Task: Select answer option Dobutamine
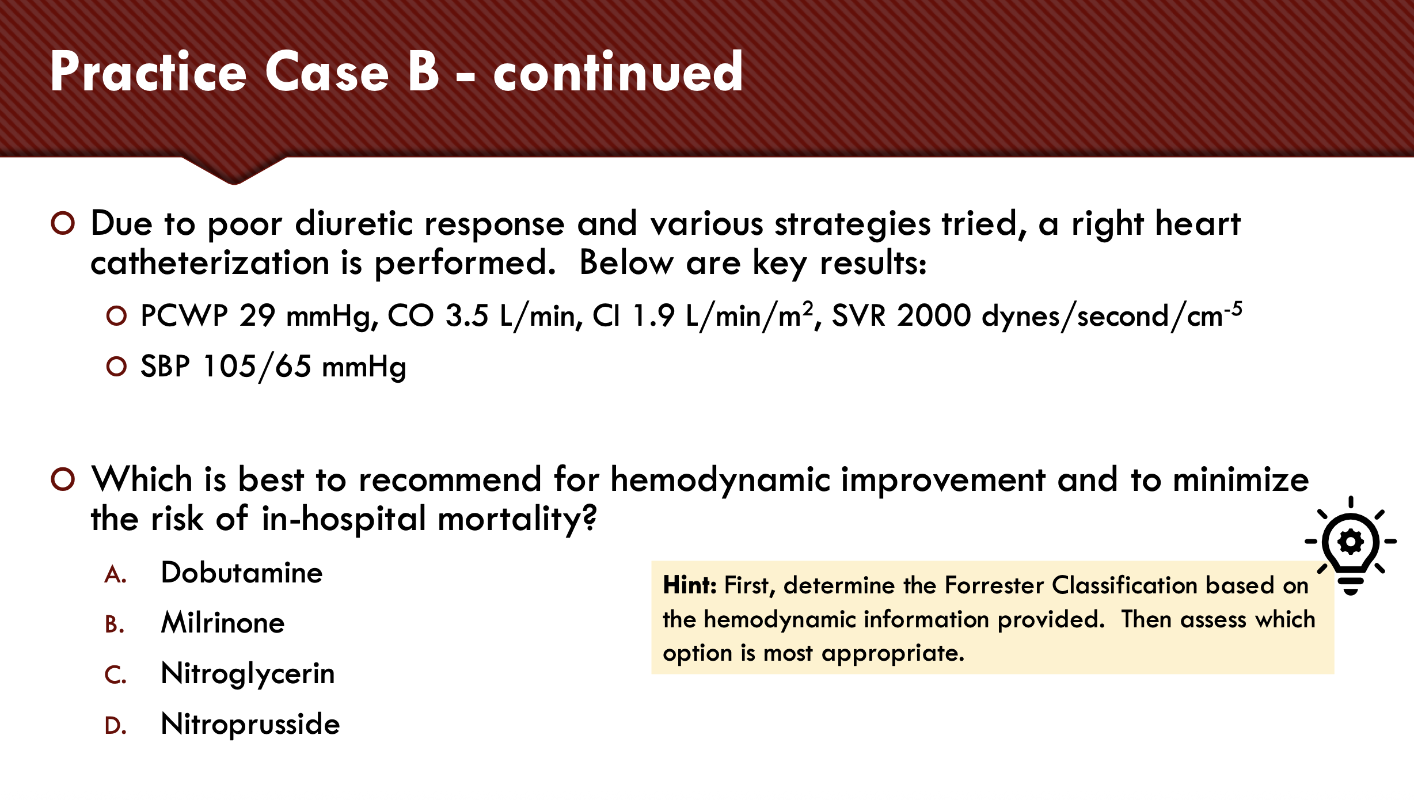point(241,573)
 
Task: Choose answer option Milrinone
point(223,623)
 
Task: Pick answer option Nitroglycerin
point(248,673)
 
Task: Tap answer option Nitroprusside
point(250,724)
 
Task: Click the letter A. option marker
point(115,574)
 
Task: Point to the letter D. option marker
point(115,726)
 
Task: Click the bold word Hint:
point(689,585)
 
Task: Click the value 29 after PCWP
point(257,315)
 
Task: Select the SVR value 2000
point(933,315)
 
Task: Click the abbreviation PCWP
point(184,315)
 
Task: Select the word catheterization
point(210,263)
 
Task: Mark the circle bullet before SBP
point(116,366)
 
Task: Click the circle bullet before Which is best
point(63,479)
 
